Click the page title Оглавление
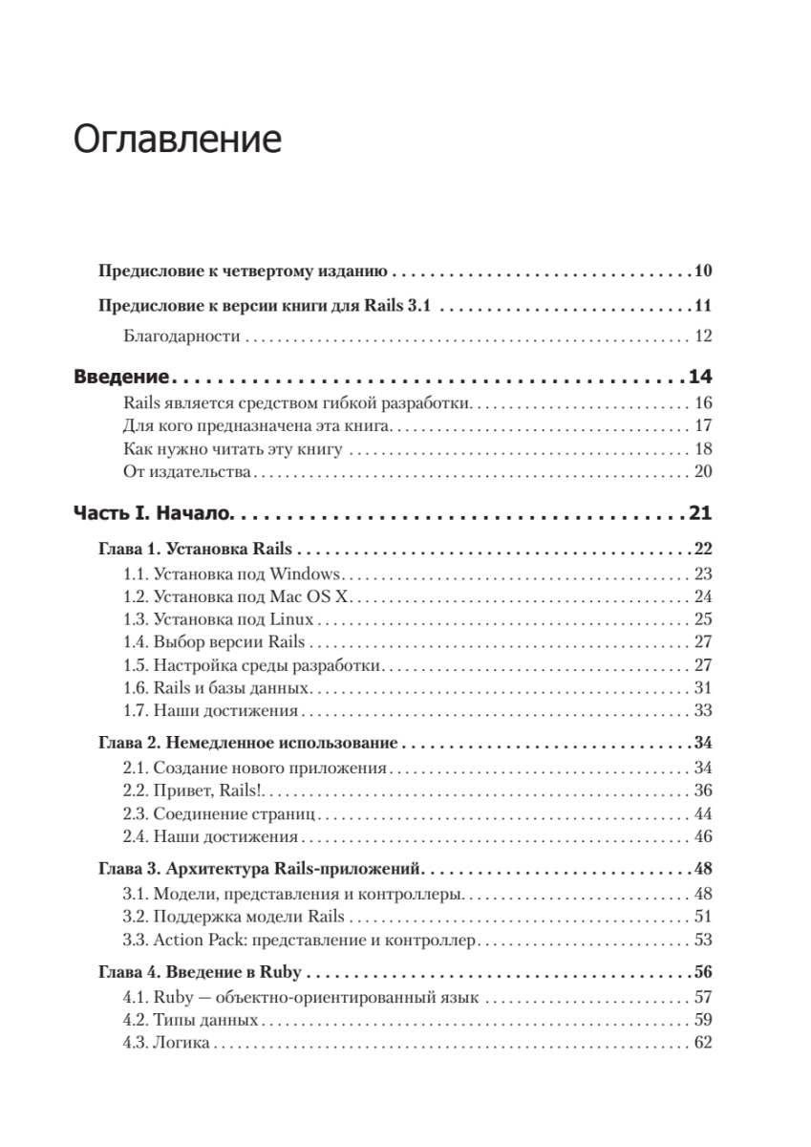(177, 140)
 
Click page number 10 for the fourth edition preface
(703, 271)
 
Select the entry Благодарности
(180, 335)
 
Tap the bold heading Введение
(121, 376)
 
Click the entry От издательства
(187, 471)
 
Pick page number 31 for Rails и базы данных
(704, 687)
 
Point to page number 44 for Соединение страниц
(704, 813)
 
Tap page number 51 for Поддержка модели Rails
(704, 917)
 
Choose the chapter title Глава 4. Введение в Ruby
(200, 972)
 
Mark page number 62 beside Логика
(704, 1042)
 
